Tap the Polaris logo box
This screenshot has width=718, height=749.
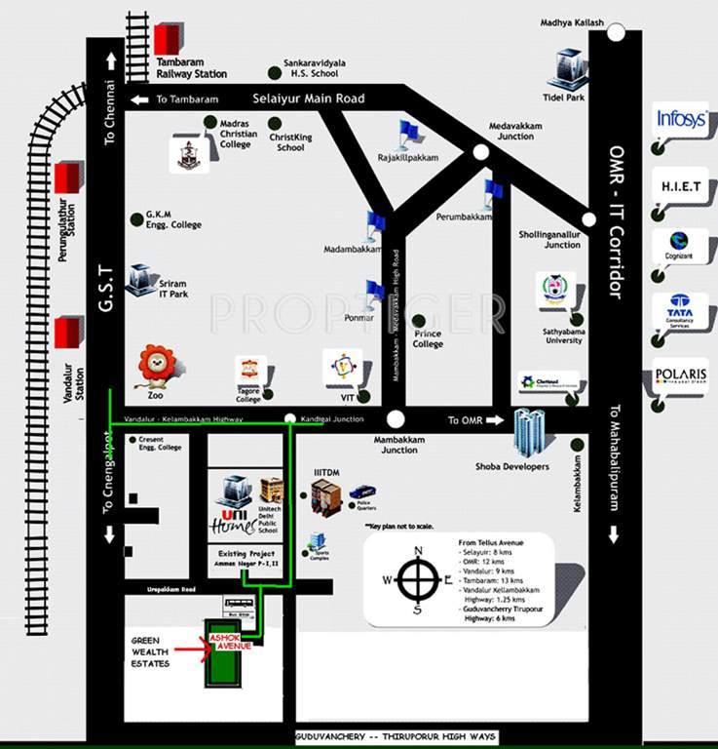coord(681,375)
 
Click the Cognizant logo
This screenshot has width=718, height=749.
coord(681,244)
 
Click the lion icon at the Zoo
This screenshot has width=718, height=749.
coord(155,365)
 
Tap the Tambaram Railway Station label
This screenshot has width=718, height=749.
coord(192,67)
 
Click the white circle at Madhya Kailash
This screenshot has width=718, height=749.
coord(616,32)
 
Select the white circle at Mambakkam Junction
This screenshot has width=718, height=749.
coord(395,419)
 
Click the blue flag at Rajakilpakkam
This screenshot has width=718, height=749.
coord(407,133)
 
